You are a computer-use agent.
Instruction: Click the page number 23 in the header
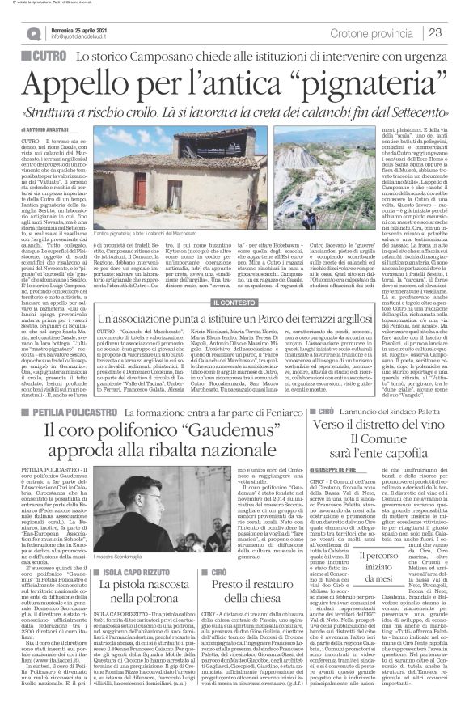click(x=454, y=32)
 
